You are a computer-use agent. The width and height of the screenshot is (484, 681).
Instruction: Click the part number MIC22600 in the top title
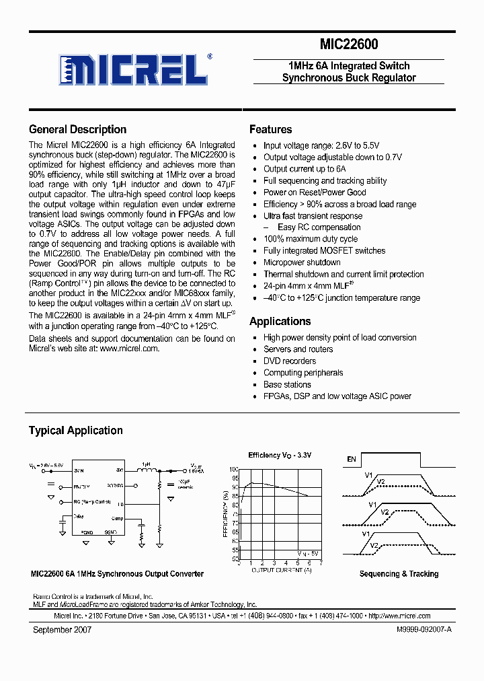pos(348,44)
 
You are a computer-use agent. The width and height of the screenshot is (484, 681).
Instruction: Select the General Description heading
pos(77,129)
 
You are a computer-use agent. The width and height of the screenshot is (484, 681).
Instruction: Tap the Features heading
pos(270,129)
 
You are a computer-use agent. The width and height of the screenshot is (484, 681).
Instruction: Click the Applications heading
pos(280,321)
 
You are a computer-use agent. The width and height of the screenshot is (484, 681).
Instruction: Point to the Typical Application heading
pos(75,430)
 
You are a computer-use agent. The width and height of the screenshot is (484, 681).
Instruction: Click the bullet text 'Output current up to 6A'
pos(305,169)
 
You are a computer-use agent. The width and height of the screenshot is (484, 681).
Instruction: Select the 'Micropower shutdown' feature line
pos(302,262)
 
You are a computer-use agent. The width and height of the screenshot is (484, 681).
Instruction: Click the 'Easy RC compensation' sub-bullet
pos(319,227)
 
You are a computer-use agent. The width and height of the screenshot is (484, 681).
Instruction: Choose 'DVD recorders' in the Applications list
pos(290,361)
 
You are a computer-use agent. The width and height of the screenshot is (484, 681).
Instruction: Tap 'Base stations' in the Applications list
pos(287,384)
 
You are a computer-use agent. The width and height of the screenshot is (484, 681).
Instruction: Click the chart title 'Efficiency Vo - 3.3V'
pos(280,456)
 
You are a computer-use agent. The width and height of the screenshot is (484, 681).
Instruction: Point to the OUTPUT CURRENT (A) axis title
pos(281,570)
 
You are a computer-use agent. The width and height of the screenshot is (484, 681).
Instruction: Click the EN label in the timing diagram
pos(351,460)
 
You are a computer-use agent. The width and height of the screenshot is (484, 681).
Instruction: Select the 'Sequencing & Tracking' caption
pos(399,574)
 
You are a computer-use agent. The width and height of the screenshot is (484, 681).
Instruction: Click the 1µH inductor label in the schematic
pos(146,464)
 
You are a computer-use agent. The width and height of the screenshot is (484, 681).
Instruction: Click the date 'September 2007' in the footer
pos(62,630)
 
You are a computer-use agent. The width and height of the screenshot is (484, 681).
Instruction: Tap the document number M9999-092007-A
pos(417,630)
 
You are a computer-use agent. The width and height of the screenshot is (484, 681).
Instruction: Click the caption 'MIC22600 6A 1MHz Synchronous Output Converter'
pos(117,574)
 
